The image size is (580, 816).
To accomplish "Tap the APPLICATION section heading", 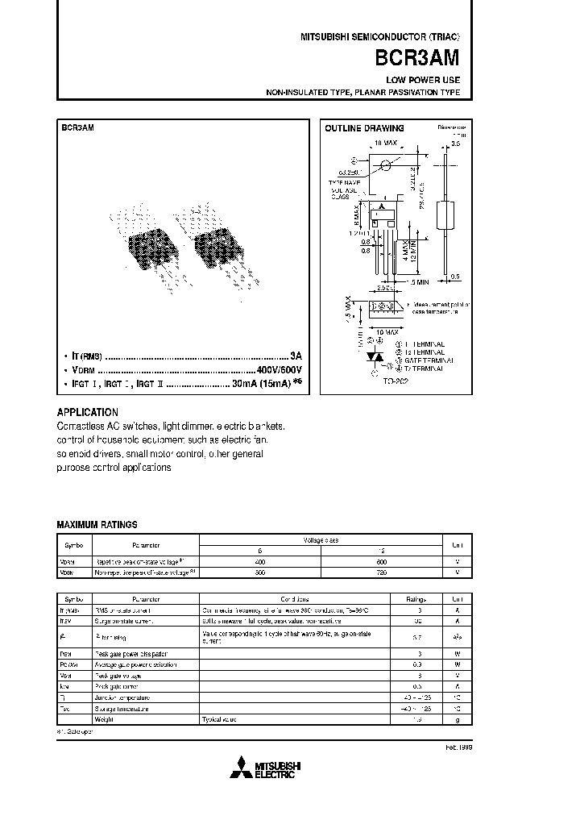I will [88, 412].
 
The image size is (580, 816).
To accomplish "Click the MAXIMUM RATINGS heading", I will [97, 524].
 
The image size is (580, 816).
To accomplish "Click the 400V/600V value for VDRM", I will [278, 369].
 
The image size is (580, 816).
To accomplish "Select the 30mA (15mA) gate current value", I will [262, 384].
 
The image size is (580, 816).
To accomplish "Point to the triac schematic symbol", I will [373, 356].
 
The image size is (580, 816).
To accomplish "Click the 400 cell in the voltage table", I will [259, 561].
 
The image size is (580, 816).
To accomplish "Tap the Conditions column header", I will [294, 599].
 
